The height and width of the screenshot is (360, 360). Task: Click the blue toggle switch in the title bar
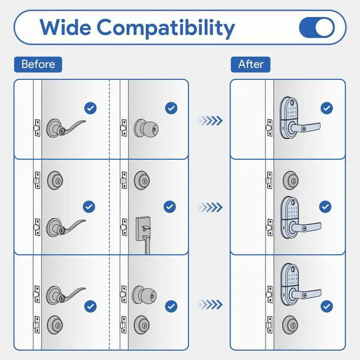pos(317,27)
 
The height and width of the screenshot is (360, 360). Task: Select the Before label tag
pos(38,64)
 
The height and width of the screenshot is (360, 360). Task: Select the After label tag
pos(250,64)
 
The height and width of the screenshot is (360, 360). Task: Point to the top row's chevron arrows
pos(210,120)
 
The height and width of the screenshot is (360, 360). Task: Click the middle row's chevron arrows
pos(210,208)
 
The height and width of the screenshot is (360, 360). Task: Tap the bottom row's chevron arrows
pos(210,304)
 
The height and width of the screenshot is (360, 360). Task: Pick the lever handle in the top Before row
pos(65,127)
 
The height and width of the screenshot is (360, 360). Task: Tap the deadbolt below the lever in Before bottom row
pos(55,323)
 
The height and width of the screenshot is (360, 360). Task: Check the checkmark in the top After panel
pos(326,108)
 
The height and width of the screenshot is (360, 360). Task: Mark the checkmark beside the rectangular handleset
pos(170,206)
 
